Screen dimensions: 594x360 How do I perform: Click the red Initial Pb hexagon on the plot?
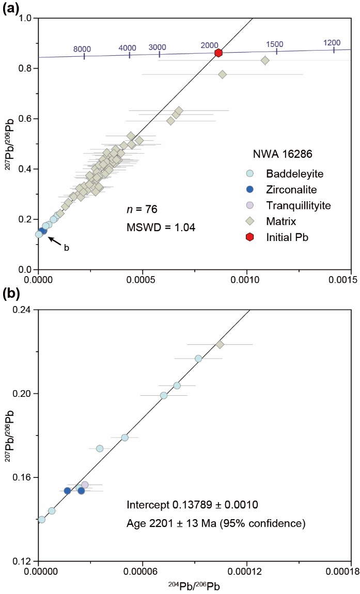218,53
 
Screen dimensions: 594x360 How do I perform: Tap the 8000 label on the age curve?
82,49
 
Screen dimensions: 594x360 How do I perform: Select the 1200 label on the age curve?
332,43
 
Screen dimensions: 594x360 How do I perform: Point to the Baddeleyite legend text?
290,173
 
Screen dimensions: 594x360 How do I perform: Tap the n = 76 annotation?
142,210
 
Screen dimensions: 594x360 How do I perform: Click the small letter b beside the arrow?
66,248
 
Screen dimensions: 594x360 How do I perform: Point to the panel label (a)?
11,8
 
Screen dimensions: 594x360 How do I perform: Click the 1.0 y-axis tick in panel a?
25,18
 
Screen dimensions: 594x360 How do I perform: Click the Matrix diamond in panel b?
220,344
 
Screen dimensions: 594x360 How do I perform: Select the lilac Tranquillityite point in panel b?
85,485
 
